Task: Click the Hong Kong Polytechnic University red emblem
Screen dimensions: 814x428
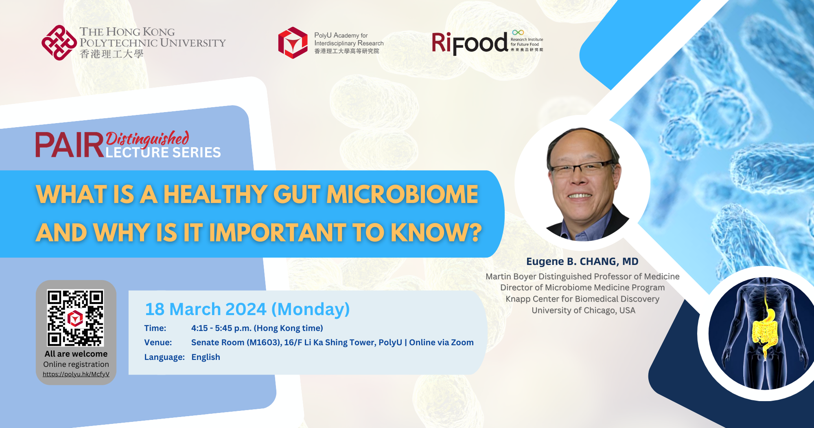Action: (x=59, y=42)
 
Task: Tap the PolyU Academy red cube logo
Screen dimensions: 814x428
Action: (x=293, y=43)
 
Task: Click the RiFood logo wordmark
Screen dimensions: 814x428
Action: (x=470, y=43)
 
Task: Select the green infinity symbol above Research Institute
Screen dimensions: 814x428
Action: (x=518, y=33)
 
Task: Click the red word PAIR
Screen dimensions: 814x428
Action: (x=70, y=145)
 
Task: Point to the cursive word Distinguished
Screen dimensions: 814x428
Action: (x=147, y=138)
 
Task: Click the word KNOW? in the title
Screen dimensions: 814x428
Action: (x=436, y=232)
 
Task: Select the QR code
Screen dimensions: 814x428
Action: (x=75, y=318)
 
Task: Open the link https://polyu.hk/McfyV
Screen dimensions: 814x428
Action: (x=76, y=374)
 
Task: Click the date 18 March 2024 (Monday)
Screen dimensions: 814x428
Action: (x=247, y=309)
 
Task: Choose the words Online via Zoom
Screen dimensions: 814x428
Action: (x=441, y=342)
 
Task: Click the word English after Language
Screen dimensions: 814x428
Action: (x=206, y=357)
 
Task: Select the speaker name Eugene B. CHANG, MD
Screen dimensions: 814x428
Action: (x=582, y=262)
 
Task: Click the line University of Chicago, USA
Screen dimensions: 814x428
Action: (x=583, y=311)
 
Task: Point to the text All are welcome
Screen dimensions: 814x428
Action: (x=76, y=354)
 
